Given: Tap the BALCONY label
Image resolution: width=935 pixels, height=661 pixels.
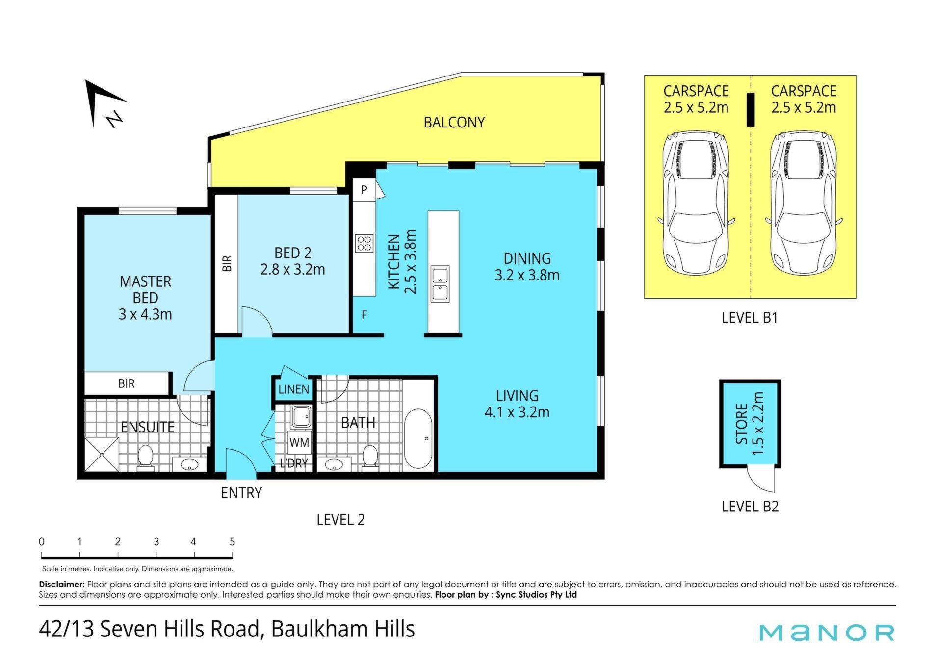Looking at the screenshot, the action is (x=454, y=122).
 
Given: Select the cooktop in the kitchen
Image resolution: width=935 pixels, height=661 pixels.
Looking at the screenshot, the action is (x=364, y=243).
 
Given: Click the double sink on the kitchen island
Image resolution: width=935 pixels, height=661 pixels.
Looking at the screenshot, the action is (x=440, y=284).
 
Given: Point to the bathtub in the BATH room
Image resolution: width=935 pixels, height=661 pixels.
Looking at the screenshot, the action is (x=418, y=439).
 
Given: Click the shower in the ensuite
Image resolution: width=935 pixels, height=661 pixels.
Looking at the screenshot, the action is (x=102, y=454).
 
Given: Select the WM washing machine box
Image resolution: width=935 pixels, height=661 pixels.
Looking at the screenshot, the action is (x=299, y=443).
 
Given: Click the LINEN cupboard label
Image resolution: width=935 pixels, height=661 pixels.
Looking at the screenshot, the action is (x=293, y=389).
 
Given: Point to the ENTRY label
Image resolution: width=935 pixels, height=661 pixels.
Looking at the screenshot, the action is (x=241, y=493).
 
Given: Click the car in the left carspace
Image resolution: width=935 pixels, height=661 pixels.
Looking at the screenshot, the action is (x=695, y=203).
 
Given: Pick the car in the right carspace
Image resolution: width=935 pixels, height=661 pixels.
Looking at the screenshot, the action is (x=803, y=203).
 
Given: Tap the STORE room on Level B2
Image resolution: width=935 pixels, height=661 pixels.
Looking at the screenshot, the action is (x=750, y=423).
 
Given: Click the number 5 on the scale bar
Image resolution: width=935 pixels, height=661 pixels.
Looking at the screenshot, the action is (x=232, y=542).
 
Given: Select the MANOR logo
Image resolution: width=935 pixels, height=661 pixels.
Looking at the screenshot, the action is (x=827, y=633).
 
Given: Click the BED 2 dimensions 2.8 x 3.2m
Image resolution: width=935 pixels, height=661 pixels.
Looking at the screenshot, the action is (x=292, y=269).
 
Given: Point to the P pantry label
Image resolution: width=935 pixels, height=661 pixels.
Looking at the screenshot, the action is (x=364, y=190).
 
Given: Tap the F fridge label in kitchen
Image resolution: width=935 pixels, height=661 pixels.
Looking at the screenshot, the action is (x=364, y=315).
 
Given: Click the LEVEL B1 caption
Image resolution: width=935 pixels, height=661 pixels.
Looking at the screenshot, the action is (x=750, y=318).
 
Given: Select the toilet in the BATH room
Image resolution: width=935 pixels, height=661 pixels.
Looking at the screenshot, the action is (x=369, y=457).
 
